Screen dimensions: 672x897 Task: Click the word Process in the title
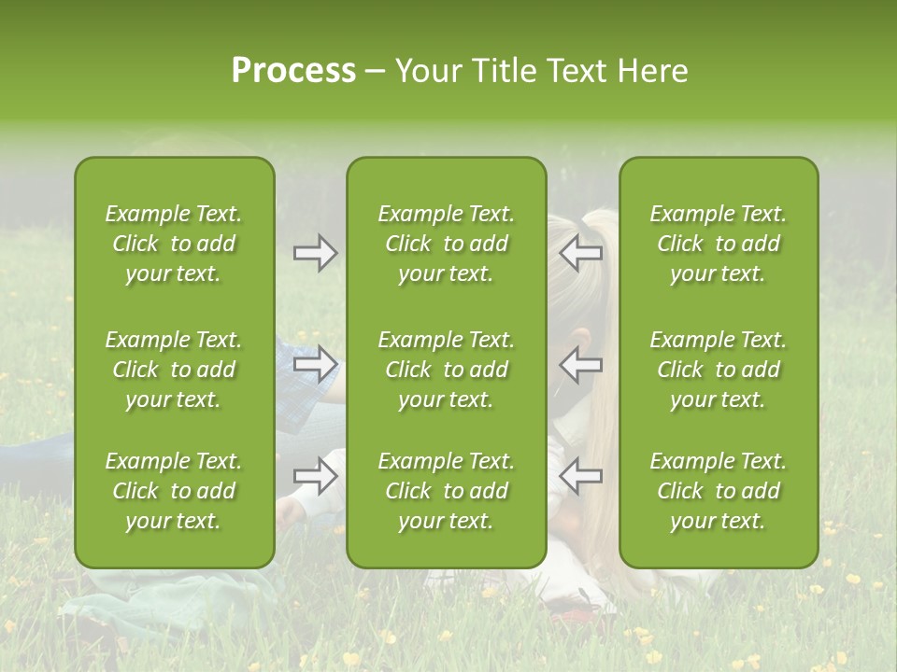(x=293, y=71)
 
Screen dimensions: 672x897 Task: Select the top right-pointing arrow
(x=316, y=253)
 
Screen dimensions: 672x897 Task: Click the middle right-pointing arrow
(x=316, y=364)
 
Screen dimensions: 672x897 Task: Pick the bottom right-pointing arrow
(x=316, y=475)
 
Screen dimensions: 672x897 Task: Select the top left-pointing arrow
(x=580, y=252)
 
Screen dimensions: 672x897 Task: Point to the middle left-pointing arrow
(x=580, y=364)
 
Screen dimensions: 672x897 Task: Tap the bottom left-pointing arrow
(x=580, y=475)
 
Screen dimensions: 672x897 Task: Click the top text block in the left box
(x=174, y=244)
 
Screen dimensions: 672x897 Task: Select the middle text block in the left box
(x=174, y=370)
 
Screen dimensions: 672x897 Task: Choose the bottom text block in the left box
(x=174, y=491)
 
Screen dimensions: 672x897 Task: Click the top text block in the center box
(x=446, y=244)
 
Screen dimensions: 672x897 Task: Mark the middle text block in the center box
(x=446, y=370)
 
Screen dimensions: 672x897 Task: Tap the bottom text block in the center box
(x=446, y=491)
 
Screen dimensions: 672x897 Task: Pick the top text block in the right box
(x=718, y=244)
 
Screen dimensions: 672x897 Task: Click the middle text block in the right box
(x=718, y=370)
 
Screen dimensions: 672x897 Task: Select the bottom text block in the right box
(x=718, y=491)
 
